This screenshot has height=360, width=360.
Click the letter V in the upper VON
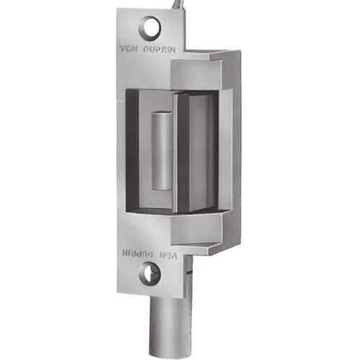coord(125,50)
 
